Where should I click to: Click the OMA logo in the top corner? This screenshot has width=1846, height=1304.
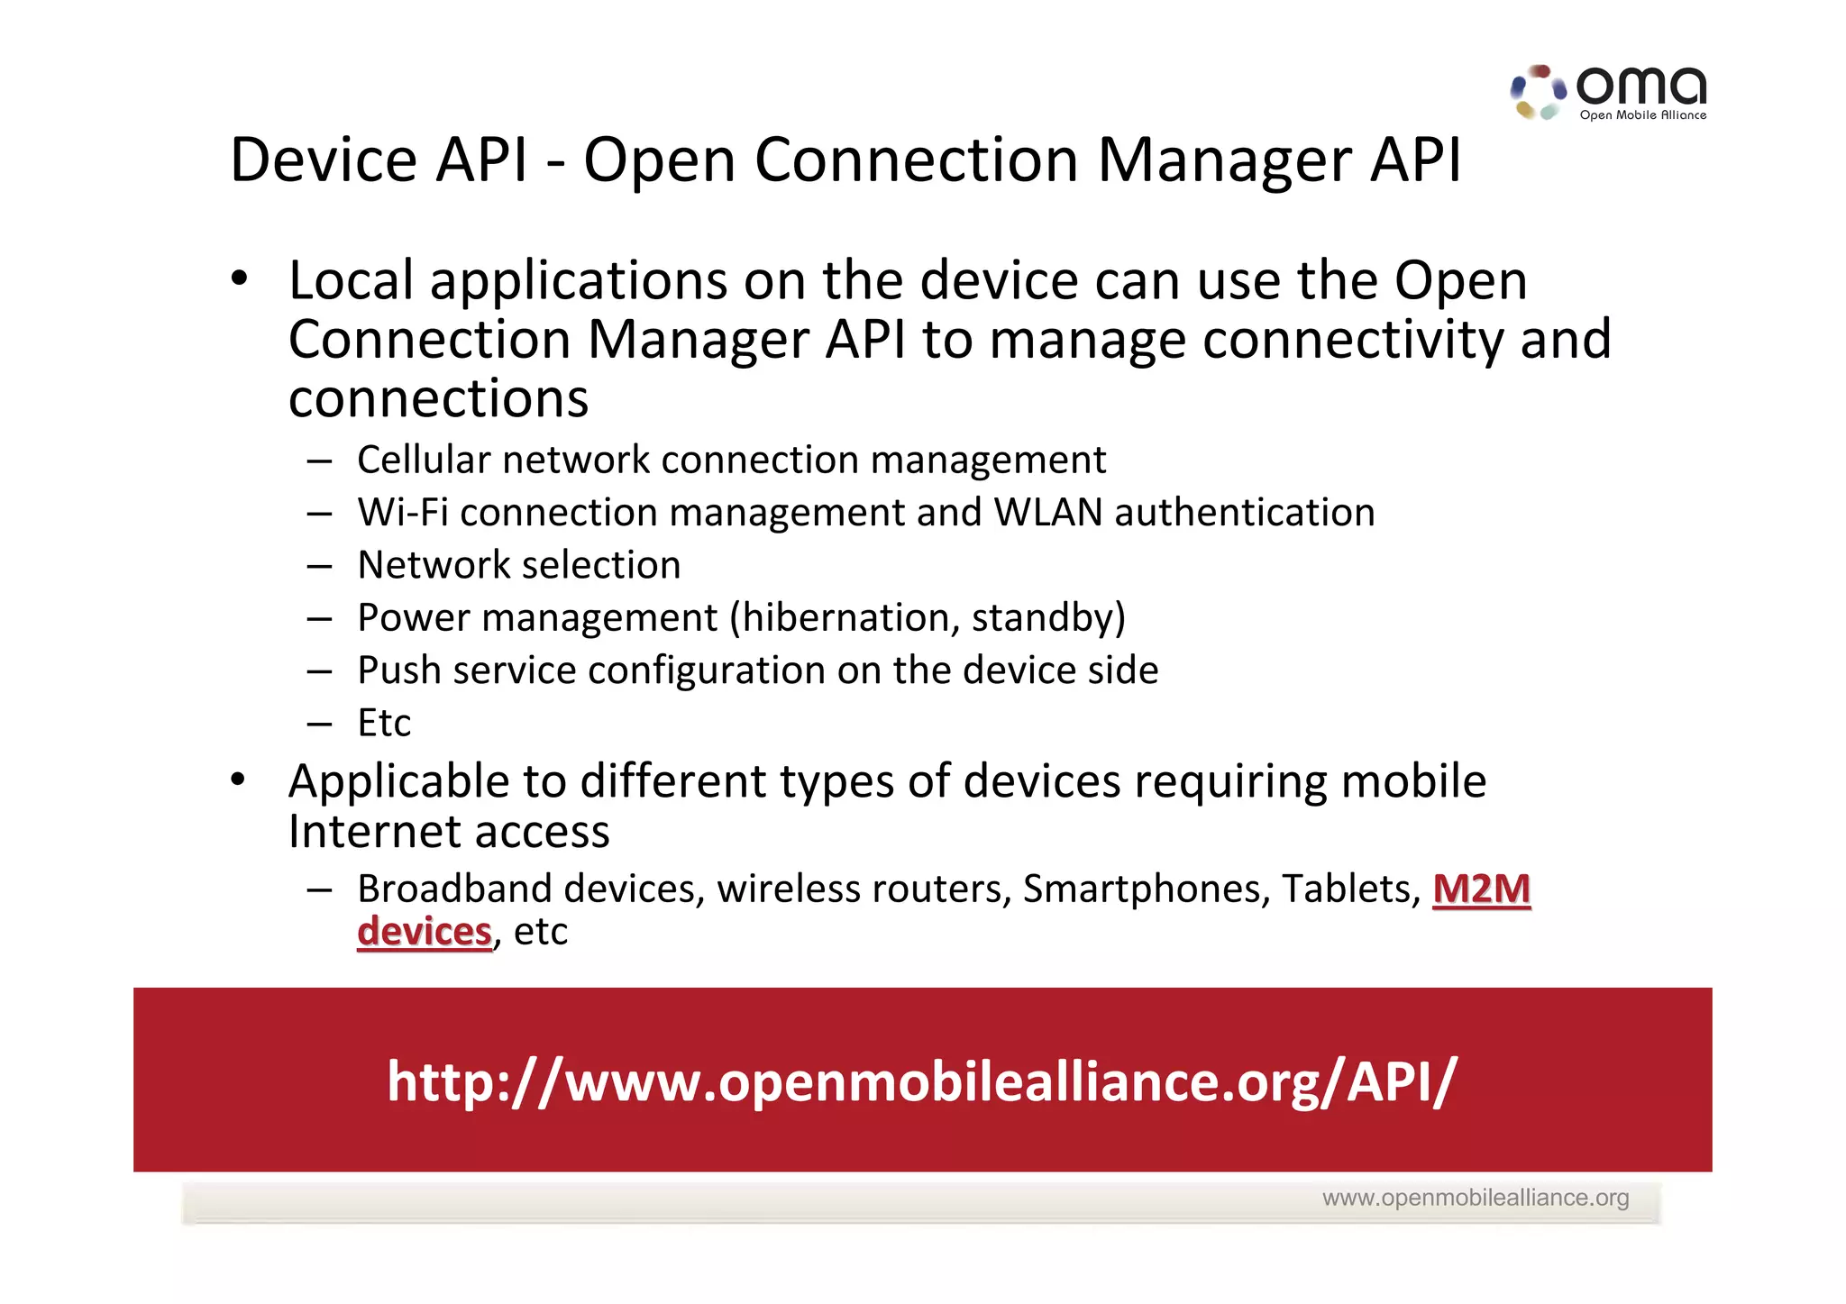pos(1609,92)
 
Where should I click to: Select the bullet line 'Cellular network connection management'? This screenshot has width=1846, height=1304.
pos(731,460)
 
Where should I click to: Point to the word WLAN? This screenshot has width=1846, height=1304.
pos(1048,513)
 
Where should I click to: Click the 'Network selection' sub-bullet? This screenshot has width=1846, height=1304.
pos(519,565)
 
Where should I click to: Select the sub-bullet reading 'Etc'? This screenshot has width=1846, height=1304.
pos(384,723)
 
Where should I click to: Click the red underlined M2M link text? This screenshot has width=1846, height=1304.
pos(1481,889)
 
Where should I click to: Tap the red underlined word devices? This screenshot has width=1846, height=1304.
pos(425,932)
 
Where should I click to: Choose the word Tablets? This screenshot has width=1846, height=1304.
pos(1350,889)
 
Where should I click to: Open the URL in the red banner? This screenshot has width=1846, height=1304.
pos(921,1081)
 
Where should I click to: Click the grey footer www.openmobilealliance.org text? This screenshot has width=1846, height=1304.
pos(1475,1198)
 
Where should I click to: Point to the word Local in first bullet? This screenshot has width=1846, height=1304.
pos(352,281)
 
